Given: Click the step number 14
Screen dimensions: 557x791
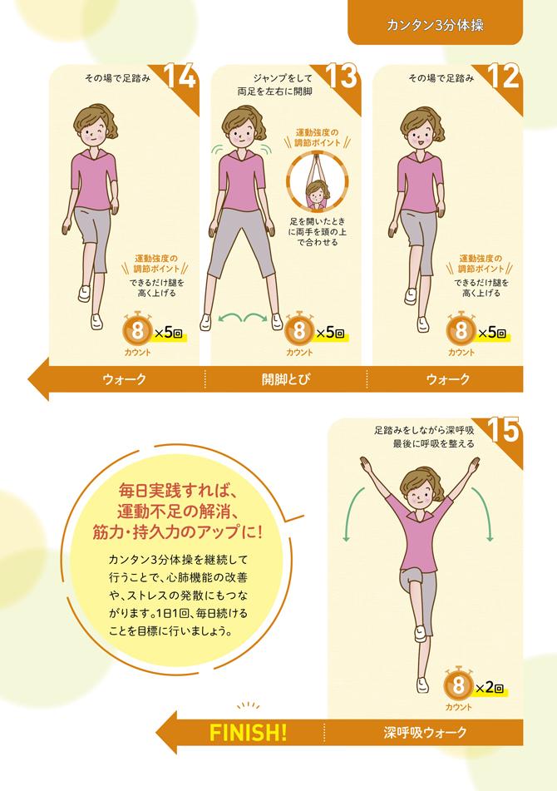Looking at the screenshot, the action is tap(180, 77).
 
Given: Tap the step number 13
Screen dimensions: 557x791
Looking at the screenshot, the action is tap(343, 77).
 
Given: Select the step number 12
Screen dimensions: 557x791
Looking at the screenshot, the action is tap(504, 77).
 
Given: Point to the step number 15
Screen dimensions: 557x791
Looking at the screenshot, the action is tap(505, 430).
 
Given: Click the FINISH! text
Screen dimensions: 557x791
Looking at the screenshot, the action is tap(248, 733).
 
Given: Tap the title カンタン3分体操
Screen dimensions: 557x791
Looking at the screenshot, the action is tap(435, 26).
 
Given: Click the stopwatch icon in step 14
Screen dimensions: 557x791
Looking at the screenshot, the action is tap(137, 330).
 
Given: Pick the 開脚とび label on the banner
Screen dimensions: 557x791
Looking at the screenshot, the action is tap(285, 379).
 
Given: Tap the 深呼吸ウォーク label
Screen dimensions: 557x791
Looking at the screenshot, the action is tap(425, 733).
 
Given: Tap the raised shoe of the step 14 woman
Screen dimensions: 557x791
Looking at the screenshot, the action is tap(84, 294).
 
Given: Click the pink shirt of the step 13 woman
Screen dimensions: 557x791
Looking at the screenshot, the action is tap(242, 180).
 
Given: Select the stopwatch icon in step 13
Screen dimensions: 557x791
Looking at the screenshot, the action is tap(299, 330).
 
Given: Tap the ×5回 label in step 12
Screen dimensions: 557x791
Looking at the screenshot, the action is tap(492, 333).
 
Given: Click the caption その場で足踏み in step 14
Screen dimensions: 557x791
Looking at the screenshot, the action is tap(117, 78).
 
